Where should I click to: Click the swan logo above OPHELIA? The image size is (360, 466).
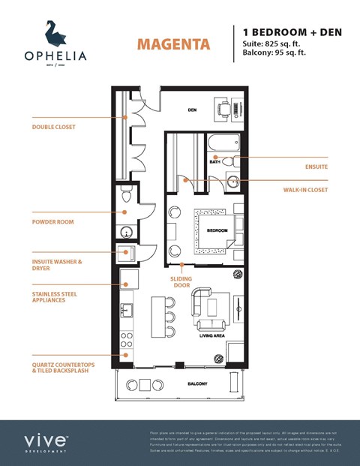point(54,33)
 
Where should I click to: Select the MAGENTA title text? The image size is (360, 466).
point(172,44)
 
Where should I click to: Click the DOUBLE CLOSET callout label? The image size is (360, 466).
point(54,127)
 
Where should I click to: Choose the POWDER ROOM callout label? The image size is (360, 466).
point(52,222)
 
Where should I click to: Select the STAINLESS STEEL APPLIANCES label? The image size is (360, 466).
point(59,296)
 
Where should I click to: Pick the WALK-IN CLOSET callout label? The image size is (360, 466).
point(305,190)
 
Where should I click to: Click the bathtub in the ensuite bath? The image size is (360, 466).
point(223,143)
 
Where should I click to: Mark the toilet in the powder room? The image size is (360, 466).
point(126,197)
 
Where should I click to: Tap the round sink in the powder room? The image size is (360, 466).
point(126,231)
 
